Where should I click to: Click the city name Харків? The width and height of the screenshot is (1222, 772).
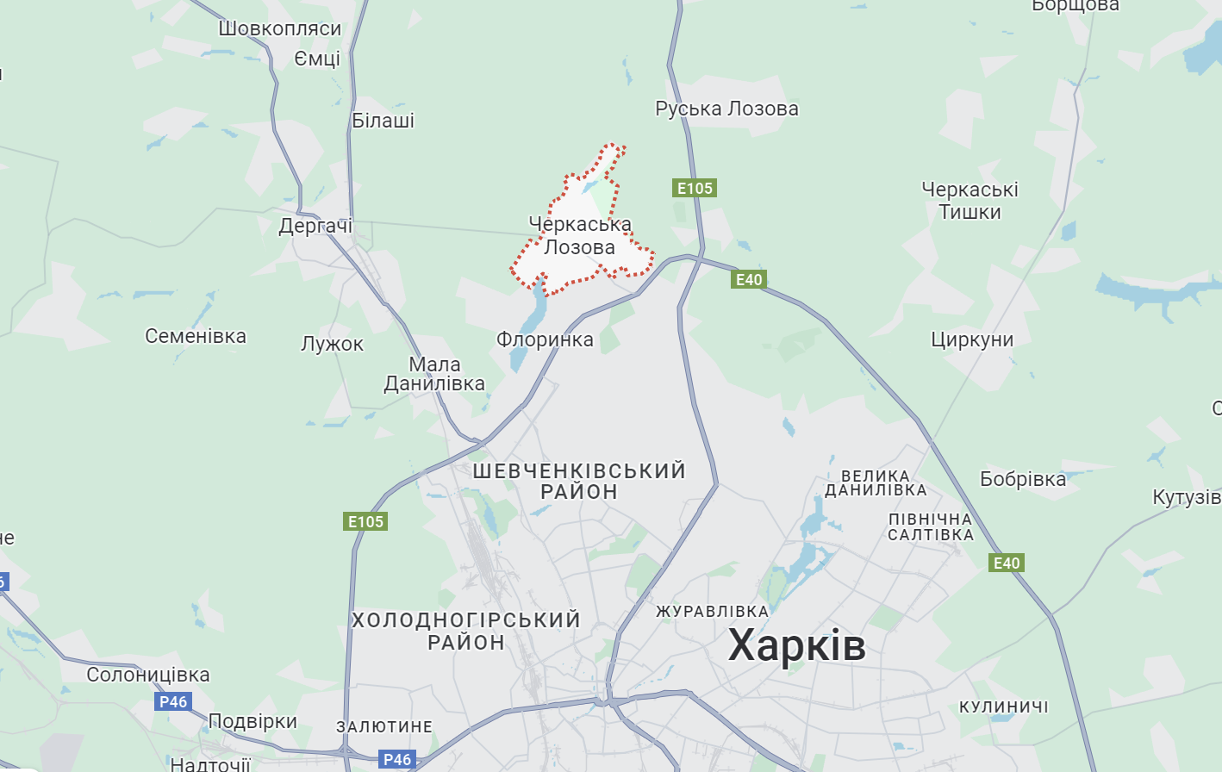[796, 645]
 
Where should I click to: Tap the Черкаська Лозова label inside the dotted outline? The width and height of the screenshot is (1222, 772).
[579, 235]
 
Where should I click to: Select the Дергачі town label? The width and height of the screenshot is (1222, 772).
[315, 226]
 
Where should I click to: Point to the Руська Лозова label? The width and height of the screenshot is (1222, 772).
[726, 109]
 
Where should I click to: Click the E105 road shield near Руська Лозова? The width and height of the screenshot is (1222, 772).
[695, 188]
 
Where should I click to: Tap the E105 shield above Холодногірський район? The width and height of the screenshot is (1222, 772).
[365, 521]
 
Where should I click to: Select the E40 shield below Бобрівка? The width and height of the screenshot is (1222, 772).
[1006, 563]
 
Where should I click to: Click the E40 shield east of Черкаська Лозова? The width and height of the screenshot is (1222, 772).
[748, 279]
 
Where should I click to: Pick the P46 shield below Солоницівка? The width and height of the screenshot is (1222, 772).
[173, 701]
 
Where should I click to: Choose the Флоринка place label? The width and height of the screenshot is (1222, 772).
[545, 339]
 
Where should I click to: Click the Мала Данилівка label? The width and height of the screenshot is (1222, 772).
[434, 374]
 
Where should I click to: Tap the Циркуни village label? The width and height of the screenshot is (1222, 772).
[972, 339]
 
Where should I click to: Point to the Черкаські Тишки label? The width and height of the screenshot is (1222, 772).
[969, 201]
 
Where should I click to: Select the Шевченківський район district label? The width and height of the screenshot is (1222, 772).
[579, 481]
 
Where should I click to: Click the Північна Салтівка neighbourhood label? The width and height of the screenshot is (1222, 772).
[931, 526]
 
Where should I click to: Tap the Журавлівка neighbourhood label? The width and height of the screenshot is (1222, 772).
[712, 611]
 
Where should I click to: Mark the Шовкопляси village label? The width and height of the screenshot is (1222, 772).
[280, 28]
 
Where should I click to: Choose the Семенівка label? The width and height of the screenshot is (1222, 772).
[196, 336]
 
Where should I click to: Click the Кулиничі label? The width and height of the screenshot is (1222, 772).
[1003, 707]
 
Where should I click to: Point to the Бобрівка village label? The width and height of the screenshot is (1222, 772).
[1023, 479]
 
